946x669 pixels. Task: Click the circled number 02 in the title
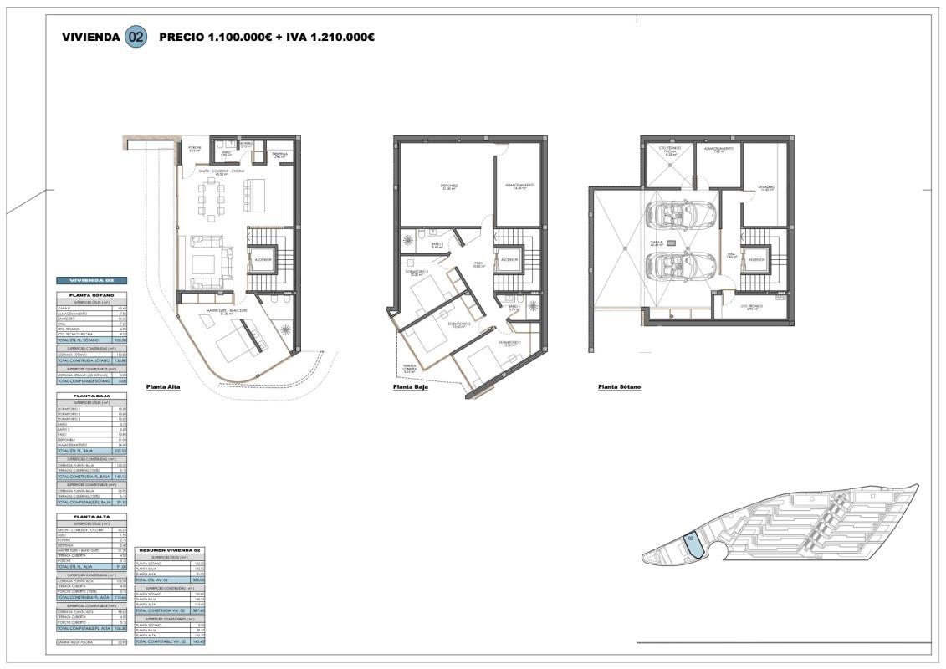(135, 38)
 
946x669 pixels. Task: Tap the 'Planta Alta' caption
(162, 387)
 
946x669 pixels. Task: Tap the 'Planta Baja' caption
(410, 388)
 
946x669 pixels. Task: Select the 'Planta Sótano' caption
(619, 387)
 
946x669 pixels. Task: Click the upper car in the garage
(679, 212)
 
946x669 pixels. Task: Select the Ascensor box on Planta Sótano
(756, 260)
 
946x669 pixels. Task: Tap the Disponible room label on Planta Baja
(449, 186)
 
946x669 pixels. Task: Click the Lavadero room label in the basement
(766, 188)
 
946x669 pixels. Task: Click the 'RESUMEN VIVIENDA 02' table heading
(169, 549)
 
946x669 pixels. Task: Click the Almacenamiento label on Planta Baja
(519, 186)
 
